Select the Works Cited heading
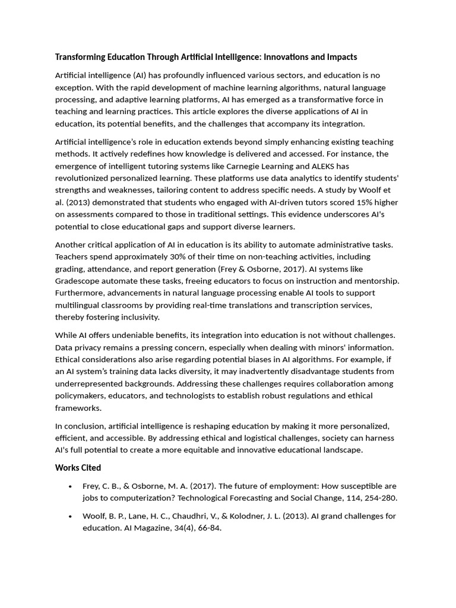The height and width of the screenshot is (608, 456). (x=78, y=468)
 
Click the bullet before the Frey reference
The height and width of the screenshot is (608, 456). (x=71, y=486)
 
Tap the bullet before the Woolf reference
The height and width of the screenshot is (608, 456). (x=71, y=517)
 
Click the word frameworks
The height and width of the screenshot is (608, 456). (x=78, y=408)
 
